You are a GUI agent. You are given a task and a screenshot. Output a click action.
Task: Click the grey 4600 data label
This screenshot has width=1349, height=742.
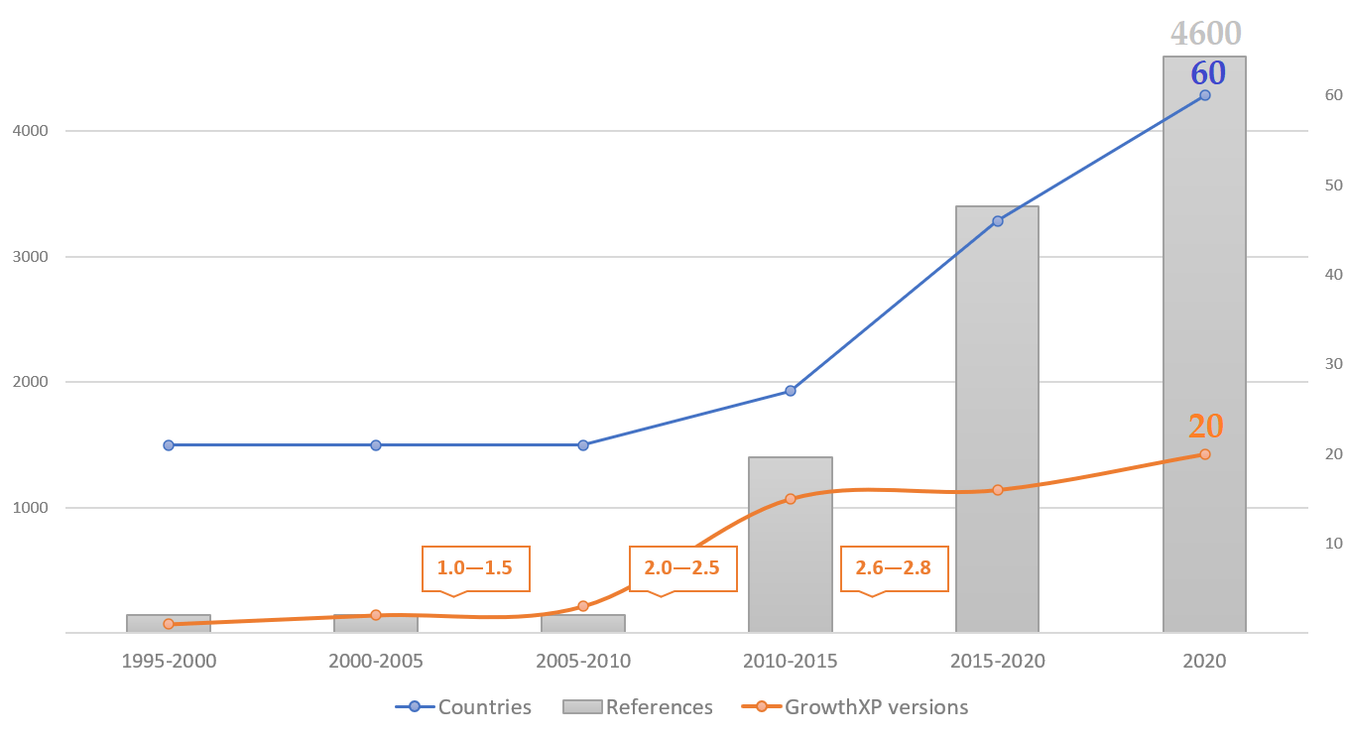(1205, 34)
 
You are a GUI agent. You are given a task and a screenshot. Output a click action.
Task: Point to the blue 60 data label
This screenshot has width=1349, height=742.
(1208, 73)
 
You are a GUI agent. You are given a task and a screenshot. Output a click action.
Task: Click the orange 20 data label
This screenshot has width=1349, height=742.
(1205, 426)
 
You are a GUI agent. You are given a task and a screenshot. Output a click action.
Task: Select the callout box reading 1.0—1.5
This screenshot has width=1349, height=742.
(475, 568)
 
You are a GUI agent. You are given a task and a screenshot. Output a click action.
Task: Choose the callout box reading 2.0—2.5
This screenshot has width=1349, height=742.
(682, 568)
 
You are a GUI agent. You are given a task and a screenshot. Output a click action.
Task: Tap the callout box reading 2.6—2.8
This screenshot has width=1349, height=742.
(893, 568)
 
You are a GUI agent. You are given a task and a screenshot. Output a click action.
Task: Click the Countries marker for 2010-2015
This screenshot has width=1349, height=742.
(791, 391)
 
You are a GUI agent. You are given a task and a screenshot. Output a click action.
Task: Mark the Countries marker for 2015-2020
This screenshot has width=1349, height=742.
(998, 221)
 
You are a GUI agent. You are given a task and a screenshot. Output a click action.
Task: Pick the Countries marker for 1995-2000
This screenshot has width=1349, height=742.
(169, 445)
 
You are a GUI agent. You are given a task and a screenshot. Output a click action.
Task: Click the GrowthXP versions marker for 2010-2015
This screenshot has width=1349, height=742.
(791, 499)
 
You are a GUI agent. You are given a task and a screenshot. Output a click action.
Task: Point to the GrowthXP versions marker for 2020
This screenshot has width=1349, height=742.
(1205, 454)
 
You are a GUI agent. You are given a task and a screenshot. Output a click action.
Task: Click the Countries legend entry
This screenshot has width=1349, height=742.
(464, 707)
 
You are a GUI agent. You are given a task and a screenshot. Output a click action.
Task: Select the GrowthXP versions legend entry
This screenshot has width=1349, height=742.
(855, 707)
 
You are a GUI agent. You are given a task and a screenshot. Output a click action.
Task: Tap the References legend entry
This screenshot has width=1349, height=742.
(638, 707)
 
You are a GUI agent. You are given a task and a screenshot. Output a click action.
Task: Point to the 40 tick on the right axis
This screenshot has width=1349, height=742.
(1333, 275)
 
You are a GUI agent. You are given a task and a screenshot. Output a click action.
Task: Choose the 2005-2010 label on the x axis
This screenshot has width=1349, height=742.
(583, 661)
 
